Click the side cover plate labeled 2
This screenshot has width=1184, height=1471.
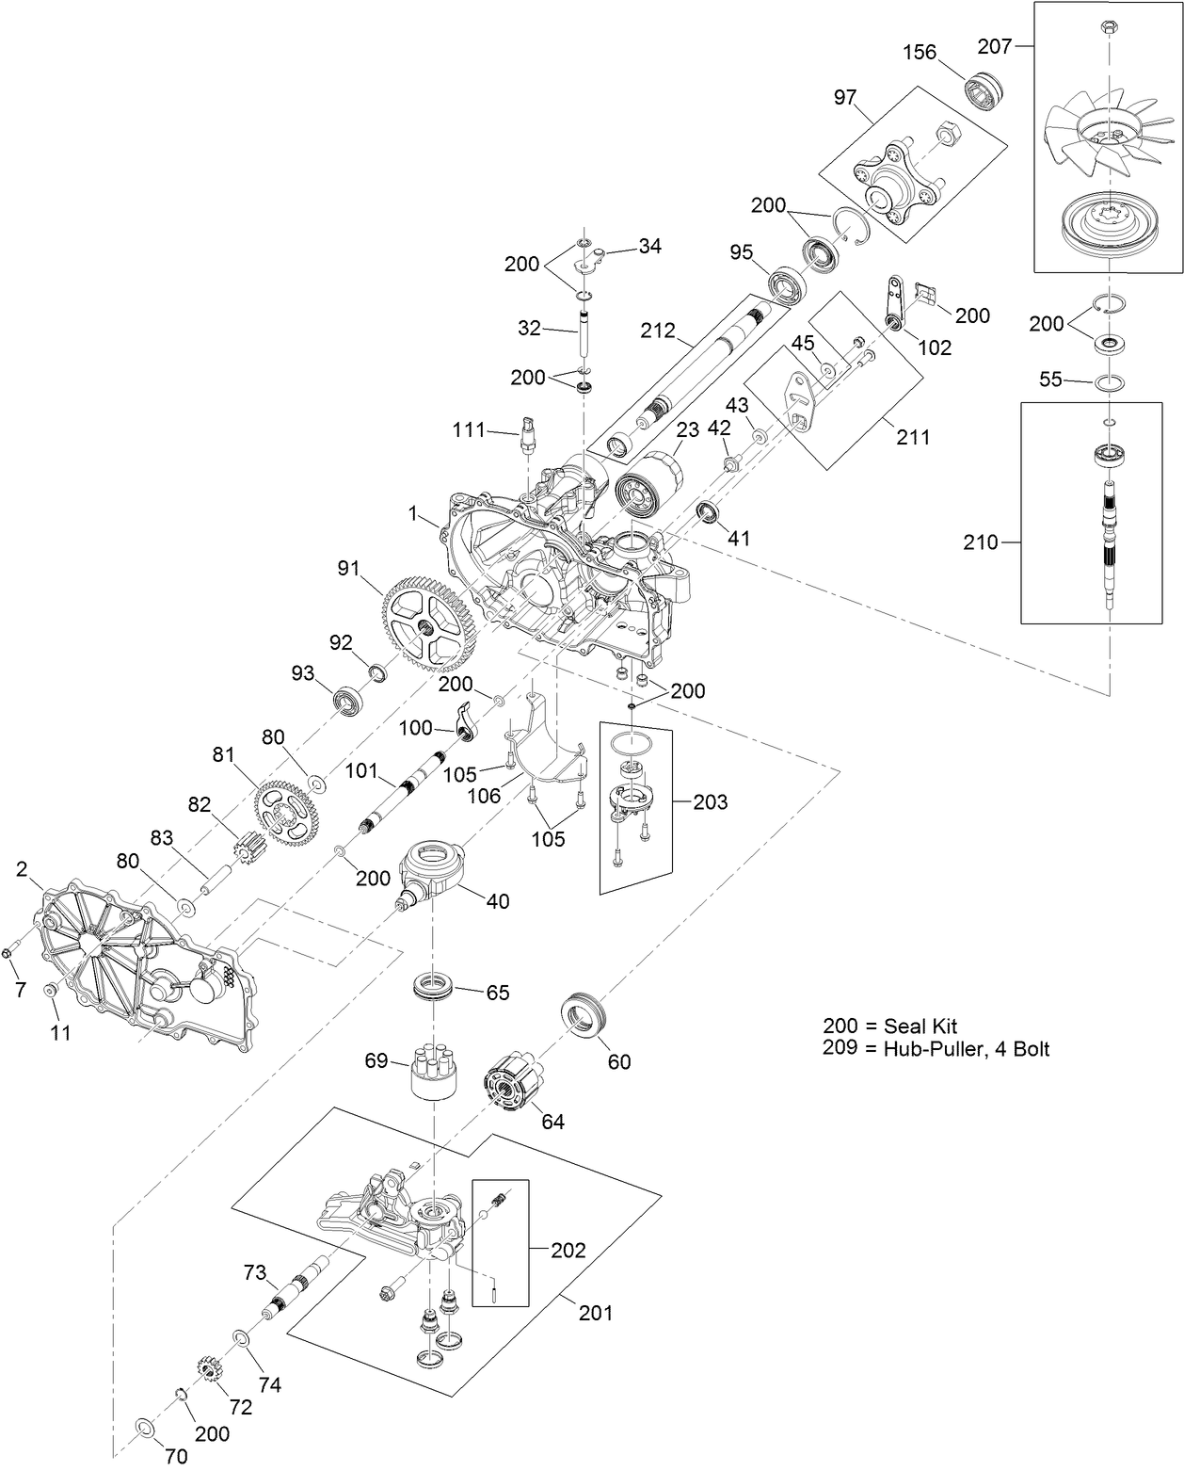click(141, 970)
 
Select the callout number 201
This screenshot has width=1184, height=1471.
click(595, 1312)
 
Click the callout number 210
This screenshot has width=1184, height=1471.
click(980, 542)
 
